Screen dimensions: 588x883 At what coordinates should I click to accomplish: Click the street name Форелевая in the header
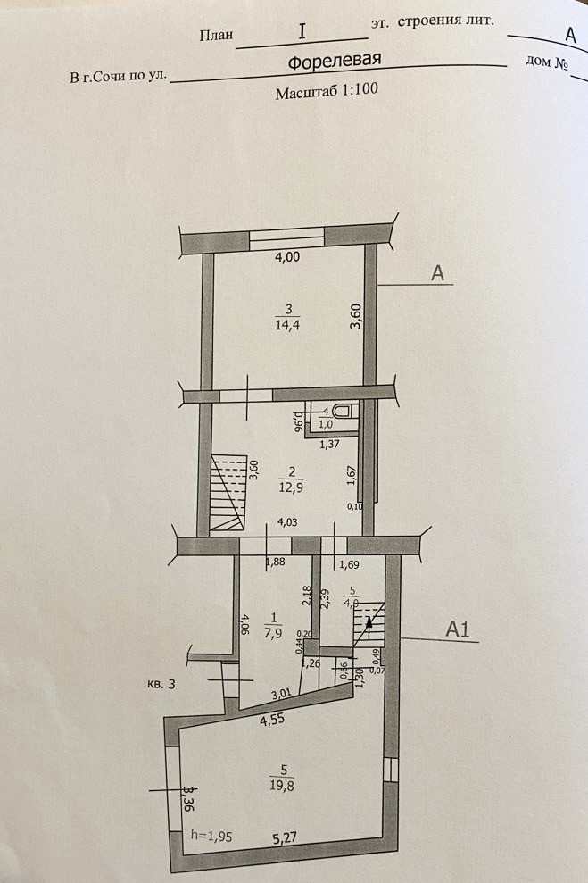coord(335,62)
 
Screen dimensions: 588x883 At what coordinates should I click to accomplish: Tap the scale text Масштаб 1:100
coord(323,93)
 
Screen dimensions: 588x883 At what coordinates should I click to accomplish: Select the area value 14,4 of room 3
coord(287,324)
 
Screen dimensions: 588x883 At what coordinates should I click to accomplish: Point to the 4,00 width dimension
coord(286,257)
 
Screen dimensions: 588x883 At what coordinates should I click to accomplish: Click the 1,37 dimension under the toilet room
coord(330,444)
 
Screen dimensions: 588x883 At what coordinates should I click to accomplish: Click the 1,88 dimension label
coord(276,562)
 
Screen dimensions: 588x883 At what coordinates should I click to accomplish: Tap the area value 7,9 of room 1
coord(273,634)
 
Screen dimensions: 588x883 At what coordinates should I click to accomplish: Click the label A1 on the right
coord(458,629)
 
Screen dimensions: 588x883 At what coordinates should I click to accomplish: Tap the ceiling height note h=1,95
coord(211,837)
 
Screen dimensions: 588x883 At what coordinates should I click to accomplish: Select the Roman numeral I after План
coord(302,31)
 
